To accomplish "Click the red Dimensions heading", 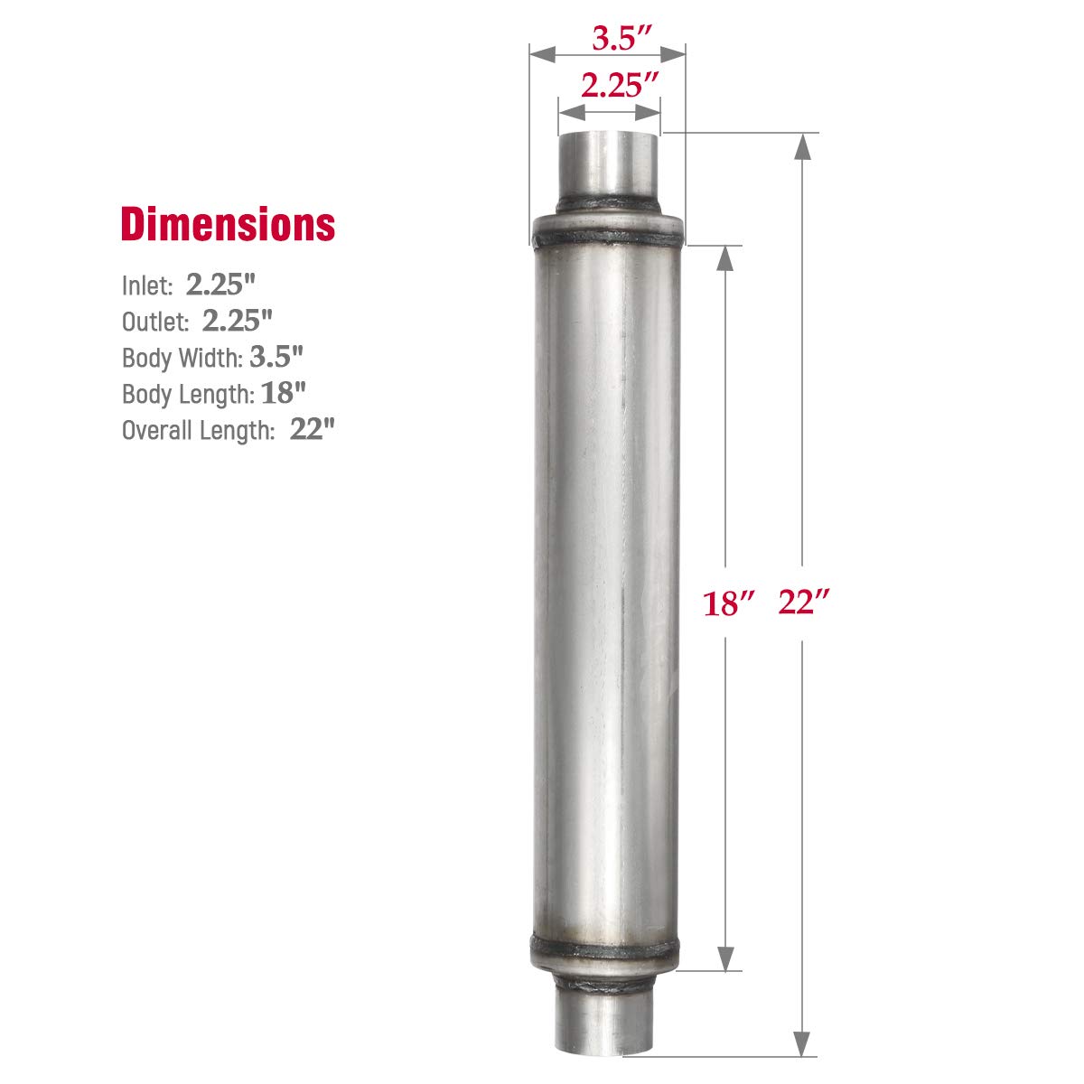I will [228, 224].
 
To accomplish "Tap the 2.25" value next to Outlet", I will [238, 320].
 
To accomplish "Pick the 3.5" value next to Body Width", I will [276, 357].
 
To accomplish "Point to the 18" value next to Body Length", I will [285, 393].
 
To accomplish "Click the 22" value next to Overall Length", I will [313, 429].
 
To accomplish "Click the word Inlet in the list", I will [146, 286].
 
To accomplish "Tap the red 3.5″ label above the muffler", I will [622, 38].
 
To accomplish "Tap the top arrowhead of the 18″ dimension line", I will [725, 257].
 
